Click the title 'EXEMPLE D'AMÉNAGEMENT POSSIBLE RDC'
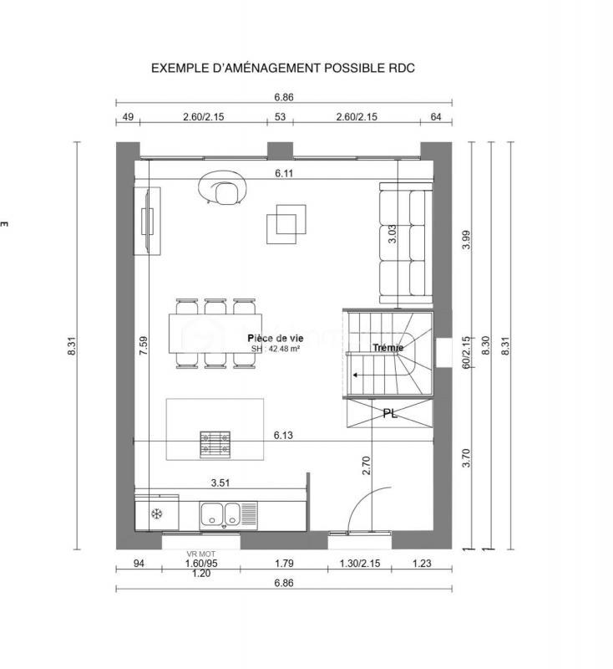[x=282, y=68]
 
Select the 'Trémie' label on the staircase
[x=388, y=347]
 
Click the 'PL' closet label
[x=390, y=413]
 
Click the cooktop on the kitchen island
[x=215, y=443]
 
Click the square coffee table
[x=286, y=222]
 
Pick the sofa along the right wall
[x=405, y=245]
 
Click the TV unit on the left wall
[x=149, y=221]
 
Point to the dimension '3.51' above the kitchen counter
[x=220, y=483]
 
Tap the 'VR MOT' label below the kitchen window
[x=200, y=554]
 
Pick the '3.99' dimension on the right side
[x=466, y=240]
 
